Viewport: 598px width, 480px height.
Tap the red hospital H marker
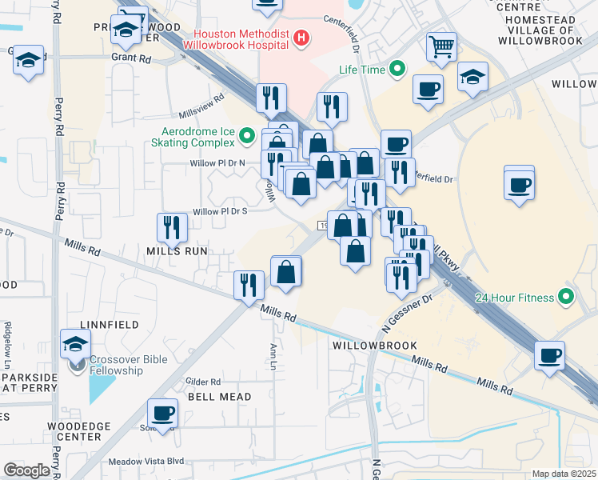coord(301,37)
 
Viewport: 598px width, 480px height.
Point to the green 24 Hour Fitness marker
coord(567,298)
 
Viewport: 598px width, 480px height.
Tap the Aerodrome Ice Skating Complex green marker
coord(247,137)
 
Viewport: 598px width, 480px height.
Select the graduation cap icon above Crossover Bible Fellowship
coord(76,343)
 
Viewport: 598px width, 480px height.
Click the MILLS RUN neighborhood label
coord(177,250)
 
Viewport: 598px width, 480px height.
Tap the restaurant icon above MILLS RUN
coord(172,228)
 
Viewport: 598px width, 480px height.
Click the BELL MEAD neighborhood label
coord(219,397)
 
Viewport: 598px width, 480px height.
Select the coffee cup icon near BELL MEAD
coord(162,413)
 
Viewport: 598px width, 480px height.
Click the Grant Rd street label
coord(131,58)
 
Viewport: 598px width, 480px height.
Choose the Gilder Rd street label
coord(202,382)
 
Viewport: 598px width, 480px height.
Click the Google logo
coord(26,470)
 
